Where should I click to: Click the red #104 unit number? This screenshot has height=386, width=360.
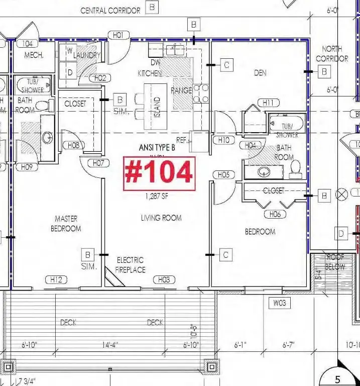tap(158, 173)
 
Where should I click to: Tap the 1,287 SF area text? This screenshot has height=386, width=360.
tap(157, 197)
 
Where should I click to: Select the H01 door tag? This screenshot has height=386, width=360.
tap(118, 35)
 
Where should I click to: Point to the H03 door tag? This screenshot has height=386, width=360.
tap(164, 280)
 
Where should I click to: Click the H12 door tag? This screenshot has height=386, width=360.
tap(56, 280)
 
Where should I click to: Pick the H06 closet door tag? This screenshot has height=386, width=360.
tap(275, 215)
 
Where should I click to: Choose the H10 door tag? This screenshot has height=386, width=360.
tap(224, 140)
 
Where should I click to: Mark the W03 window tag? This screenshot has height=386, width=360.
tap(280, 303)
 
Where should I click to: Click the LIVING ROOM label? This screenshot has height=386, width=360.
tap(161, 218)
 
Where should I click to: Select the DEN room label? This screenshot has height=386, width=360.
tap(260, 73)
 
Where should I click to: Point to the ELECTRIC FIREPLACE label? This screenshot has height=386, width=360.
tap(131, 265)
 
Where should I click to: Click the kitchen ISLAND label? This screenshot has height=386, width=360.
tap(157, 107)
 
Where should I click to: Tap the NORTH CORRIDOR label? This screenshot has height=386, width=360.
tap(332, 54)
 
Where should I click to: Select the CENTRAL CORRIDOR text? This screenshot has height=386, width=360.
tap(110, 11)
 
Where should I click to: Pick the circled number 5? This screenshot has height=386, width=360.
tap(338, 379)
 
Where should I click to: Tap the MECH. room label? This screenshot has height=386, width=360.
tap(34, 55)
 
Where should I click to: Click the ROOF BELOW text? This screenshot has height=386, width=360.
tap(335, 261)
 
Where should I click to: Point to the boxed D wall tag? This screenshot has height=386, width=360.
tap(342, 233)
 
